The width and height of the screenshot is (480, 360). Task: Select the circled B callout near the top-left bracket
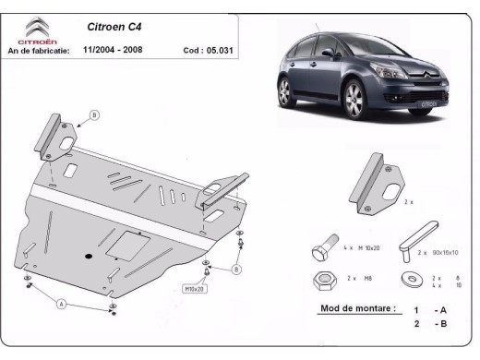tap(93, 114)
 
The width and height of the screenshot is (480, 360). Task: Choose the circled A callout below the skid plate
tap(62, 302)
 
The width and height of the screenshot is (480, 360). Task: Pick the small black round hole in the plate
tap(87, 256)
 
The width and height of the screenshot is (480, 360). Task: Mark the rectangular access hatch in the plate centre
tap(123, 245)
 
